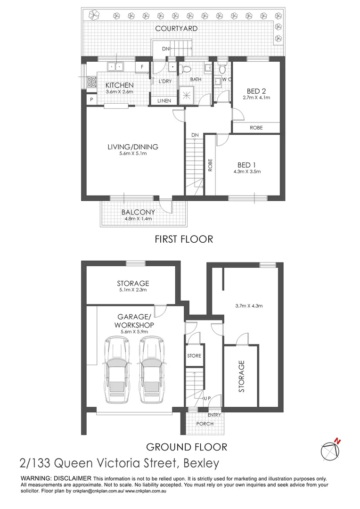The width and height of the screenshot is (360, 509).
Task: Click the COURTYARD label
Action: tap(176, 29)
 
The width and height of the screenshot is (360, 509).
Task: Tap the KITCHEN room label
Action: tap(120, 85)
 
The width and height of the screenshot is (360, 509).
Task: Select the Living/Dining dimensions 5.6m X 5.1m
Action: tap(133, 154)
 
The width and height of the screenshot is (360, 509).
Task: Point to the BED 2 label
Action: tap(256, 91)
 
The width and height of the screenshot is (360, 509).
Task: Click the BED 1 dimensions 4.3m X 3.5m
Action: tap(247, 172)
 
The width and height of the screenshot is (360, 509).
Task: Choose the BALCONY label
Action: tap(138, 212)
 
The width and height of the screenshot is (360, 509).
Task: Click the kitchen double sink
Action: tap(115, 66)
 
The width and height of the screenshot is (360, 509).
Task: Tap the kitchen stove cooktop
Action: tap(91, 82)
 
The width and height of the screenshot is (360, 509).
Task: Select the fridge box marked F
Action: tap(142, 67)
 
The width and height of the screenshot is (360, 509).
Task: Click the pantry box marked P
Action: tap(91, 99)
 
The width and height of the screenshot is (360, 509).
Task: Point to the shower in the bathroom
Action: tap(186, 96)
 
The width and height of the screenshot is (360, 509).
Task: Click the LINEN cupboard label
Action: tap(164, 101)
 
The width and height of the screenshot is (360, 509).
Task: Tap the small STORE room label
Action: tap(194, 356)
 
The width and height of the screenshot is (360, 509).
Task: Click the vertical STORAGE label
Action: tap(242, 377)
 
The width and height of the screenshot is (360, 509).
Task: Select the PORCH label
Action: tap(205, 424)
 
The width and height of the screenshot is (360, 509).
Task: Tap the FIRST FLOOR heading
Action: tap(184, 239)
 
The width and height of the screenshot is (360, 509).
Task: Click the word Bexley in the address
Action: tap(201, 463)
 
